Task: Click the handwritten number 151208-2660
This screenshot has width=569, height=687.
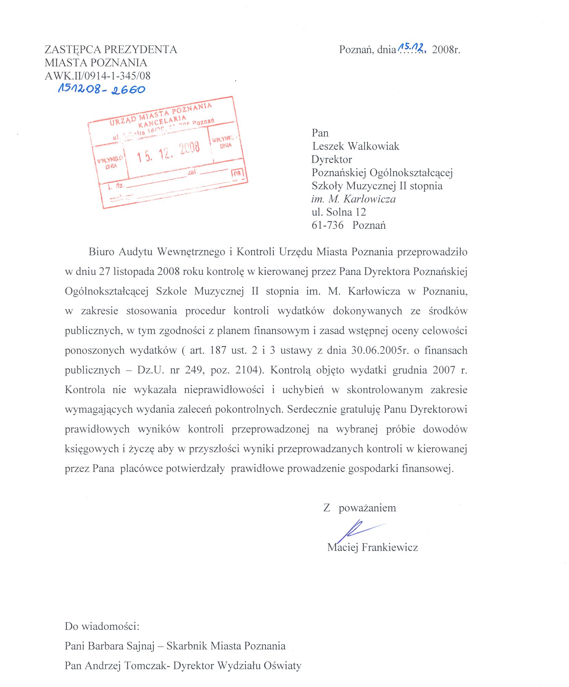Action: tap(102, 89)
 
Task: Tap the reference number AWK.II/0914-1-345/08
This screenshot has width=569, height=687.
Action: tap(98, 76)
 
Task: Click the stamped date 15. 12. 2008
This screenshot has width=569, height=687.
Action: tap(168, 152)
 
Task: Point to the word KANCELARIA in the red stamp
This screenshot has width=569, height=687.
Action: tap(162, 121)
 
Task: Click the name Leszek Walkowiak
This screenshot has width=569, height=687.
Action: tap(356, 146)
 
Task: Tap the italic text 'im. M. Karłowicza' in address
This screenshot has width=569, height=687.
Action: tap(354, 199)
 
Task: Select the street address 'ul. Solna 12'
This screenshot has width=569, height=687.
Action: tap(339, 212)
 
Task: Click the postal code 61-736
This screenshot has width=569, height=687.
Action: tap(327, 225)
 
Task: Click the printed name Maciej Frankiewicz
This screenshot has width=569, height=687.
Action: tap(372, 547)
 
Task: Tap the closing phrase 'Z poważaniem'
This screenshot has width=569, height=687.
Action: tap(359, 508)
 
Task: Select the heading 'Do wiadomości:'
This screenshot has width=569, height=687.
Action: tap(102, 626)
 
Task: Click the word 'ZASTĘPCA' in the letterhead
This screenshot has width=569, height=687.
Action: tap(72, 50)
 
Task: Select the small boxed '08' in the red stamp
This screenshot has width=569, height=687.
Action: tap(237, 173)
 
